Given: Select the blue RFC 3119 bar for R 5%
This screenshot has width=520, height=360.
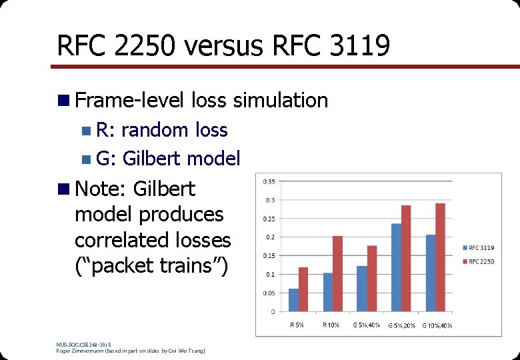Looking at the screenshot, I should point(293,300).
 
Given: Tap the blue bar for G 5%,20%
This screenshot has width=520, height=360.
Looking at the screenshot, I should point(396,267).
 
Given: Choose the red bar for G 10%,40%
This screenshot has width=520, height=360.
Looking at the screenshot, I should point(440,257).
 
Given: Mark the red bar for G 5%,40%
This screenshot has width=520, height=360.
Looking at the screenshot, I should point(372,278).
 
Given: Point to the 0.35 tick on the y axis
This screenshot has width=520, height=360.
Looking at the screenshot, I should point(271,181).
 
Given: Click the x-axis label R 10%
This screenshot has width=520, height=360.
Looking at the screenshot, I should point(331,325).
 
